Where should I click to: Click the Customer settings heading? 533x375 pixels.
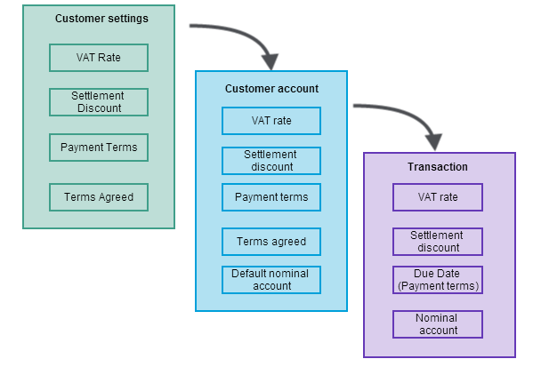(x=101, y=19)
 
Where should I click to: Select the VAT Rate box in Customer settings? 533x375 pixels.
(x=99, y=58)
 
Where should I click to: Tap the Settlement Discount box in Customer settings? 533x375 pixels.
(x=99, y=102)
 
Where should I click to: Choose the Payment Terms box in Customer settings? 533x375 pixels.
(x=99, y=147)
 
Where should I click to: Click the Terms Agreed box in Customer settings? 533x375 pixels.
(x=99, y=196)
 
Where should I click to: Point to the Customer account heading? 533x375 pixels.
(x=271, y=89)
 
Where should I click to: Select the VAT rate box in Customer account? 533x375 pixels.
(x=271, y=121)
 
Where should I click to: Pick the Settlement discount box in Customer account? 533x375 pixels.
(x=271, y=161)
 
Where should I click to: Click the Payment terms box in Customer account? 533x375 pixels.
(x=271, y=197)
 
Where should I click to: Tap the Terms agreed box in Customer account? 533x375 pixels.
(x=271, y=242)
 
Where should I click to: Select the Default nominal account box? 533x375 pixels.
(x=271, y=280)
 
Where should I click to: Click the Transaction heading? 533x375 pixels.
(x=438, y=167)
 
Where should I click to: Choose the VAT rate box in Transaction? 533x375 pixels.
(x=438, y=197)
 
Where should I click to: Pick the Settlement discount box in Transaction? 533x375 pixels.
(x=438, y=242)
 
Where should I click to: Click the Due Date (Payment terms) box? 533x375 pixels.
(x=438, y=280)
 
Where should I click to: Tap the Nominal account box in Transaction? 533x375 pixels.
(x=438, y=324)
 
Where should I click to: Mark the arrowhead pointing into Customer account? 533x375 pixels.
(x=270, y=61)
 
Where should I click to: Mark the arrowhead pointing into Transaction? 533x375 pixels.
(x=433, y=141)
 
